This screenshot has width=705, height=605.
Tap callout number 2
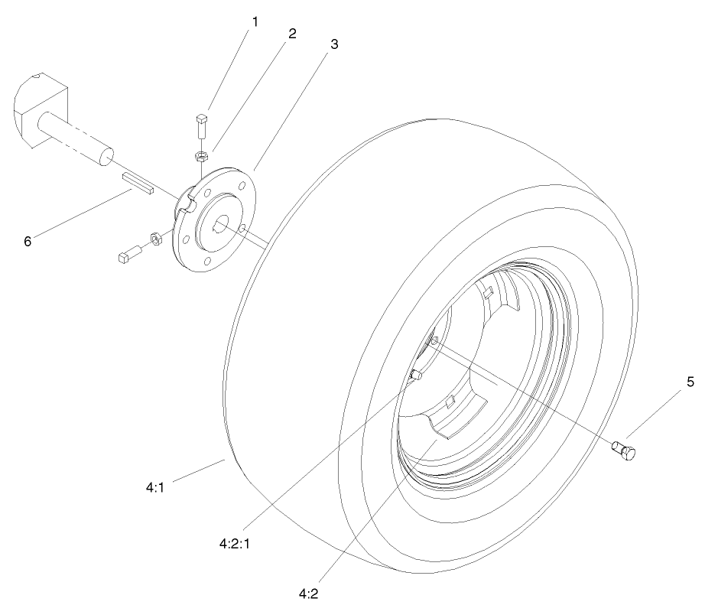pyautogui.click(x=291, y=34)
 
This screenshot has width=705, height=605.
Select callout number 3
pyautogui.click(x=333, y=44)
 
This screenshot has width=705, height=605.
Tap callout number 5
pyautogui.click(x=690, y=382)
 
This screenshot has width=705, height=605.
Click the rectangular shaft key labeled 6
pyautogui.click(x=138, y=184)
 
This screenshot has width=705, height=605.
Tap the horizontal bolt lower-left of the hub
pyautogui.click(x=130, y=254)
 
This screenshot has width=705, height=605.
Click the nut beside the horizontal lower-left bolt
pyautogui.click(x=154, y=239)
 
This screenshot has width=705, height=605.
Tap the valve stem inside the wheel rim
pyautogui.click(x=417, y=375)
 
